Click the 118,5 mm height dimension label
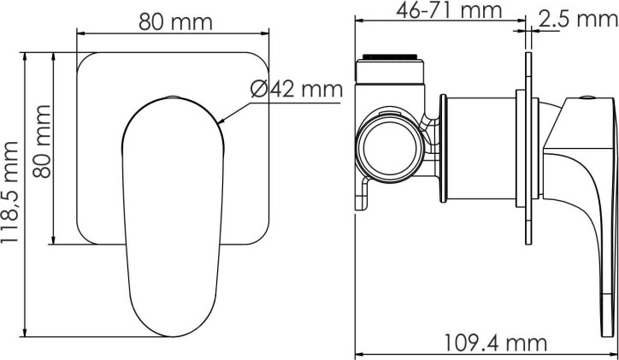click(9, 192)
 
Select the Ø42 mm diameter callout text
click(297, 89)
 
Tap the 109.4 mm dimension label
click(495, 344)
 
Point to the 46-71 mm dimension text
click(449, 10)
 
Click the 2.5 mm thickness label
click(578, 19)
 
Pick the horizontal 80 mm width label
click(175, 22)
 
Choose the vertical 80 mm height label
click(42, 141)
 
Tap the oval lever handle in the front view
click(173, 216)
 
